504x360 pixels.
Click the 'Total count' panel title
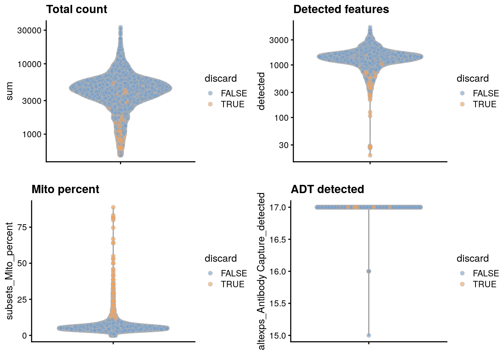76,9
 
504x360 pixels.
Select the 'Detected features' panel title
341,9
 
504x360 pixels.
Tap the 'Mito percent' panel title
65,189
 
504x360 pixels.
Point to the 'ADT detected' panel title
327,189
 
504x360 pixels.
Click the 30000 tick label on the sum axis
29,30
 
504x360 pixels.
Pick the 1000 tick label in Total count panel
31,134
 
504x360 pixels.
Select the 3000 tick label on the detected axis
279,40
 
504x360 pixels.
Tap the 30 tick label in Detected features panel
283,145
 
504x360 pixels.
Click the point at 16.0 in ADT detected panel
369,271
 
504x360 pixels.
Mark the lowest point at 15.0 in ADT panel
369,335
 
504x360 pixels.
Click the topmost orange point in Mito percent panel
113,207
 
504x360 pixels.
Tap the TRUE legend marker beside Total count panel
210,104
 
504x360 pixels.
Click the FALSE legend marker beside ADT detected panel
462,273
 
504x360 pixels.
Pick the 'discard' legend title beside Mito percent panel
220,258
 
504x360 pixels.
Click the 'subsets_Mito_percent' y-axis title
10,271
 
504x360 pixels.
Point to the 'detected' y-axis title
261,91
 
